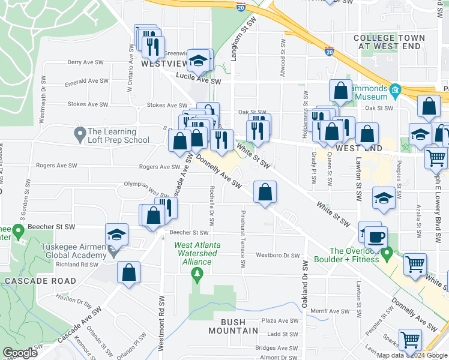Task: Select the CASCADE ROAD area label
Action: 40,281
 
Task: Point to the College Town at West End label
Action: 389,41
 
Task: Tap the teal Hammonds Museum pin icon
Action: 395,92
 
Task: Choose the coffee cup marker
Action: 377,237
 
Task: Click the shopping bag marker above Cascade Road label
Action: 129,272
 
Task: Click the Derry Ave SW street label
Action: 83,62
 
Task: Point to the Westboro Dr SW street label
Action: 277,256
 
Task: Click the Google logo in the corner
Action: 20,353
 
